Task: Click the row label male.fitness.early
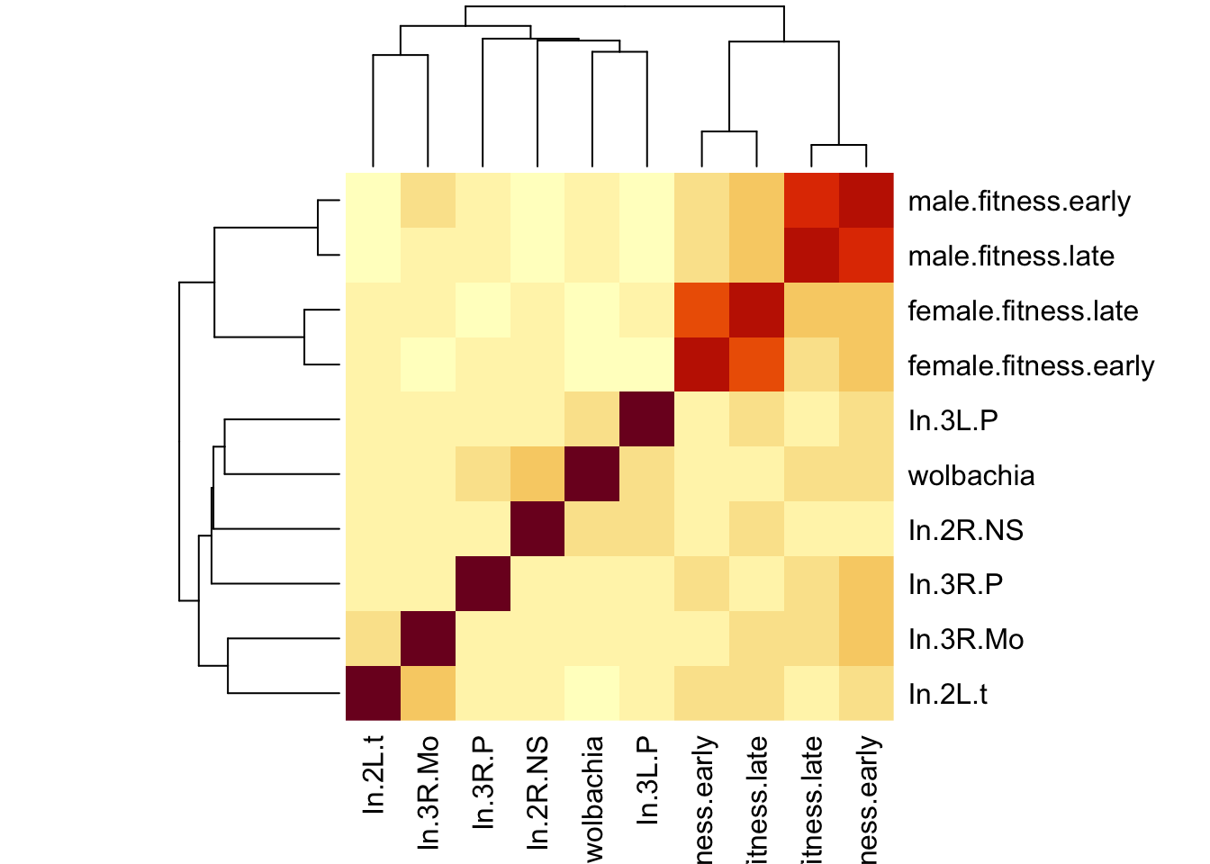point(1019,202)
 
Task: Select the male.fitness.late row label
point(1011,256)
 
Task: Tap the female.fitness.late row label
point(1023,311)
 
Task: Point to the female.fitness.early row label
point(1031,366)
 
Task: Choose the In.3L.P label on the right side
point(953,421)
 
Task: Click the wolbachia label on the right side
point(971,476)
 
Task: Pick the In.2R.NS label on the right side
point(965,531)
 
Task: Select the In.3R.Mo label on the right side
point(966,640)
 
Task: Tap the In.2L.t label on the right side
point(947,695)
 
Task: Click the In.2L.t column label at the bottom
point(374,775)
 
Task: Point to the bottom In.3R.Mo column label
point(429,792)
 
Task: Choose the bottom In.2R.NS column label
point(538,792)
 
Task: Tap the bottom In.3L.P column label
point(647,779)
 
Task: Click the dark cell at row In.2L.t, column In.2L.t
point(373,694)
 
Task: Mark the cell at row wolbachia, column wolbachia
point(592,475)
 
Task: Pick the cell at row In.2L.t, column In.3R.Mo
point(428,694)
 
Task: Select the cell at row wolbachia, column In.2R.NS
point(537,475)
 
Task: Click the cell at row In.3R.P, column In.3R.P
point(483,584)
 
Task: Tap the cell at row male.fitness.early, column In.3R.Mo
point(428,201)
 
